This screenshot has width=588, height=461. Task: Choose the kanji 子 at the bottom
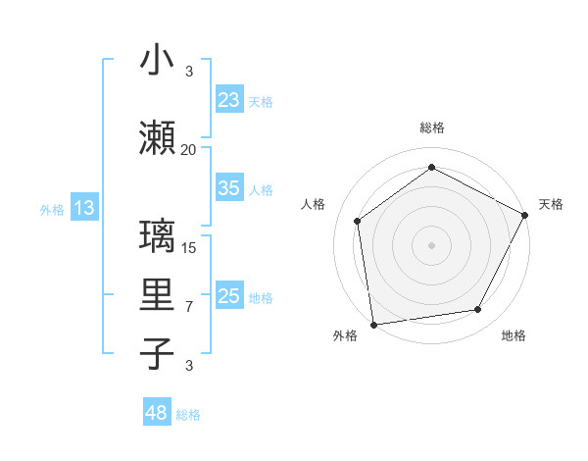[x=158, y=353]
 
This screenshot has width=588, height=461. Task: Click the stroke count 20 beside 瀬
[x=188, y=149]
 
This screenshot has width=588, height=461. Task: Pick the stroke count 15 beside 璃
[x=189, y=247]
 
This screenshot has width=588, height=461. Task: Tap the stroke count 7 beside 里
[x=189, y=307]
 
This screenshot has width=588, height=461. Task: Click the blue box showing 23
[x=229, y=100]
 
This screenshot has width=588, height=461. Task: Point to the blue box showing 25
[x=229, y=296]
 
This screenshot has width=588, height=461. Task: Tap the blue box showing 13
[x=84, y=208]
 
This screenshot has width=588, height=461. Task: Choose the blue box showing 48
[x=157, y=413]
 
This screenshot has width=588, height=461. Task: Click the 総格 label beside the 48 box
[x=188, y=415]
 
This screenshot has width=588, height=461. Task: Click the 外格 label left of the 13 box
[x=52, y=209]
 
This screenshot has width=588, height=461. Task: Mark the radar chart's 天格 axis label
[x=551, y=204]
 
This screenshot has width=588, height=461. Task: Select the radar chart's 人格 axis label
[x=314, y=204]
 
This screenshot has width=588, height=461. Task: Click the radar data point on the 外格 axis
[x=373, y=324]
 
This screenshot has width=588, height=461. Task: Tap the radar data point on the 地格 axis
[x=478, y=310]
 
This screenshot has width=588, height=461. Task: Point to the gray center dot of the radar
[x=431, y=244]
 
